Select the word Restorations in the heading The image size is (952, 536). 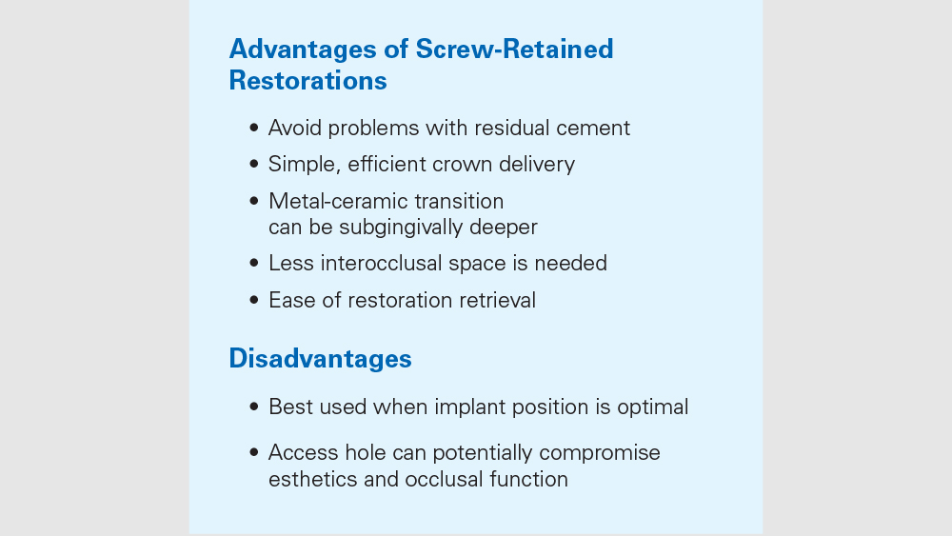tap(307, 81)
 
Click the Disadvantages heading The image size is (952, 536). tap(320, 359)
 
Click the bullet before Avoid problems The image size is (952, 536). tap(254, 128)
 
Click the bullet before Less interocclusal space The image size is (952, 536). tap(254, 263)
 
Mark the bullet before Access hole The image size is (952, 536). tap(254, 453)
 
